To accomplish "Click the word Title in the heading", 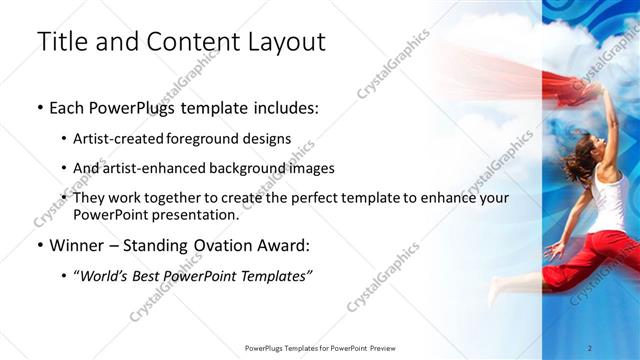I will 60,42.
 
